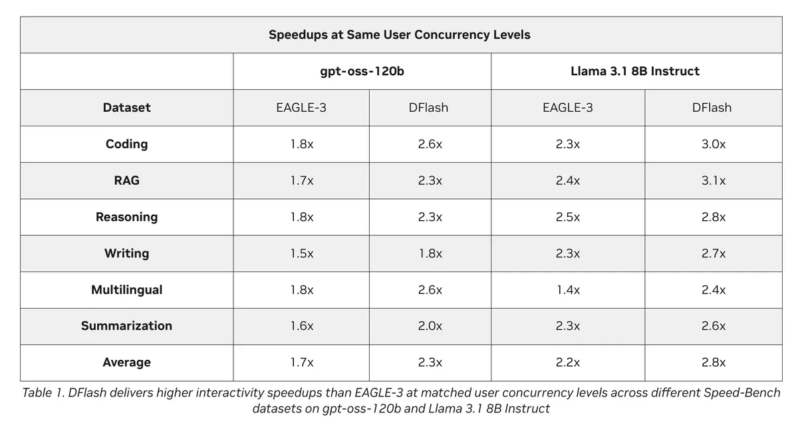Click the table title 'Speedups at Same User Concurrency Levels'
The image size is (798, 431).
400,35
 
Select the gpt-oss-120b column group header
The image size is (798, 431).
362,71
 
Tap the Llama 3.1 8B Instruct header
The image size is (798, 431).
635,71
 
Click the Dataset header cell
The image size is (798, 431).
126,108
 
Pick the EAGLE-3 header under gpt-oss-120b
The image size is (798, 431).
301,108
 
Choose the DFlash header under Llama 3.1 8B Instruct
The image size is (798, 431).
712,108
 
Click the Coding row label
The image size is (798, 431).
126,144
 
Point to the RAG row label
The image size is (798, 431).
126,181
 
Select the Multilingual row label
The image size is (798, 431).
126,290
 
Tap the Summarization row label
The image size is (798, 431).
126,326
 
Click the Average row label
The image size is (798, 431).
126,362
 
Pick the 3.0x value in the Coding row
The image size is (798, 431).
714,144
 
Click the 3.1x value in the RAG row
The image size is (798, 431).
714,181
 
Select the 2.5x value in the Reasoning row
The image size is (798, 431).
568,217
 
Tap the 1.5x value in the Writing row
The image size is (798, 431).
302,253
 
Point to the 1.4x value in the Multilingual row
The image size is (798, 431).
568,290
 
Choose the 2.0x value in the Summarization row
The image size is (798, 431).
430,326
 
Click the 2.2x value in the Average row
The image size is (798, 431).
568,362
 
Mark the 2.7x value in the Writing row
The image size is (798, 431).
714,253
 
